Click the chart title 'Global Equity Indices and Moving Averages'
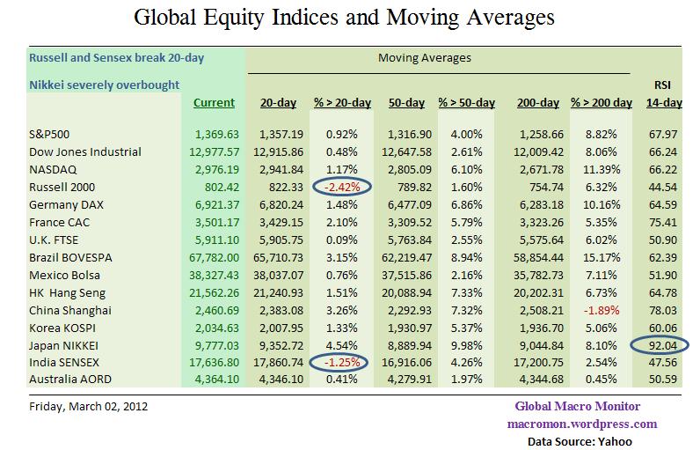pyautogui.click(x=346, y=17)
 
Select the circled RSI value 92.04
pyautogui.click(x=664, y=345)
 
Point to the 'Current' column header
pyautogui.click(x=214, y=103)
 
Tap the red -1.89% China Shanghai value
pyautogui.click(x=602, y=310)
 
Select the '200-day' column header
pyautogui.click(x=538, y=103)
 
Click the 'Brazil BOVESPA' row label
pyautogui.click(x=73, y=257)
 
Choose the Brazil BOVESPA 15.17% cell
pyautogui.click(x=602, y=257)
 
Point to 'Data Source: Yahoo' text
pyautogui.click(x=580, y=440)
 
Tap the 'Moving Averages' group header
pyautogui.click(x=424, y=58)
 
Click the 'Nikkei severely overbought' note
pyautogui.click(x=105, y=85)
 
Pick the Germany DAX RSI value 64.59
pyautogui.click(x=664, y=204)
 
